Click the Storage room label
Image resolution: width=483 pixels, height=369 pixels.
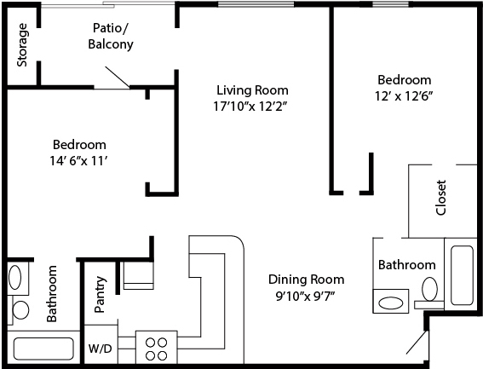(x=22, y=45)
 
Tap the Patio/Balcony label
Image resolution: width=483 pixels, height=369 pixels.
(x=111, y=36)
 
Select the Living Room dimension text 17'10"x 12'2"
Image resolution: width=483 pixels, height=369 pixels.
(x=250, y=107)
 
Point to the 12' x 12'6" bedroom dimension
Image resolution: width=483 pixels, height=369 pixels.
(x=404, y=96)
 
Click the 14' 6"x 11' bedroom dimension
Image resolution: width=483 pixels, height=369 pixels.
(x=78, y=161)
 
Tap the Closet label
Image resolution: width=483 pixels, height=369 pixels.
(x=440, y=198)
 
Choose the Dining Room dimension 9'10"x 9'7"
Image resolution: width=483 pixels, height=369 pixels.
(x=306, y=296)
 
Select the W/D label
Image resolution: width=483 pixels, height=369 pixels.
(x=101, y=349)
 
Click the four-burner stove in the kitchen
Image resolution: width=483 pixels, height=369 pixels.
(x=157, y=348)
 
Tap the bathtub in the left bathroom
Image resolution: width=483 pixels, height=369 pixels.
(x=43, y=349)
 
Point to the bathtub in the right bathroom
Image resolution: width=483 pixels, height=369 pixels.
(x=462, y=275)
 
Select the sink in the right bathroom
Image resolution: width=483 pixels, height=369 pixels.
(x=391, y=302)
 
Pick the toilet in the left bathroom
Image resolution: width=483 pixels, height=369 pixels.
(x=20, y=310)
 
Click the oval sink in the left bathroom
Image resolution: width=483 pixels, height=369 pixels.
(x=14, y=276)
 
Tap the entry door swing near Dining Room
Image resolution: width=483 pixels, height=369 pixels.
(x=417, y=343)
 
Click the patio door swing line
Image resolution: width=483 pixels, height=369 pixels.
(x=117, y=77)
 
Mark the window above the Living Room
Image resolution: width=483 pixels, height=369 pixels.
(x=256, y=4)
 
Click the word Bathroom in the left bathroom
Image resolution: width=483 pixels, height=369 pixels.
(x=52, y=294)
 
